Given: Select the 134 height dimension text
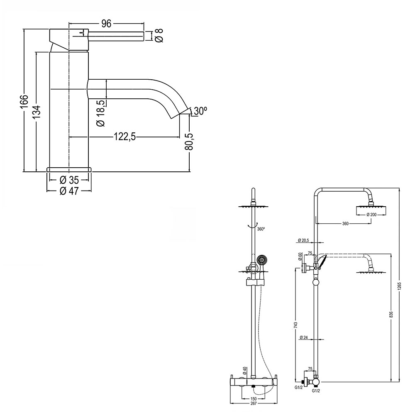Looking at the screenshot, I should click(x=37, y=112).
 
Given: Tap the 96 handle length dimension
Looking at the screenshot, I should click(x=107, y=24).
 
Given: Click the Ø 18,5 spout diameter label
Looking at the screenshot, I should click(x=100, y=113).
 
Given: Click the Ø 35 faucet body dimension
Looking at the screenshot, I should click(x=69, y=180).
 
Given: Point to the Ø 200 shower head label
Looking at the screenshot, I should click(x=371, y=215).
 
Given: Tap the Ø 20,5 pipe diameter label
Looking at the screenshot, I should click(x=304, y=240).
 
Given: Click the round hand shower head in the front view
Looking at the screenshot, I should click(x=262, y=260).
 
